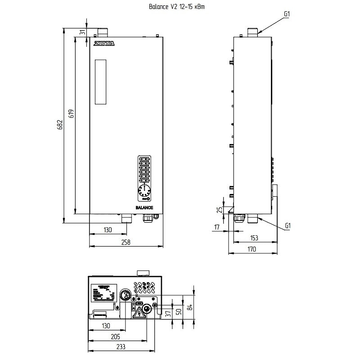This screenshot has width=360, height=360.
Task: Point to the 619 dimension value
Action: pyautogui.click(x=71, y=113)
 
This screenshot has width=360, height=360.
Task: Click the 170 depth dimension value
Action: pyautogui.click(x=252, y=249)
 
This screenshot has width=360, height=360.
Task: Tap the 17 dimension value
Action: pyautogui.click(x=217, y=227)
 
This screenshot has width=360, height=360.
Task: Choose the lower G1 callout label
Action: pyautogui.click(x=288, y=226)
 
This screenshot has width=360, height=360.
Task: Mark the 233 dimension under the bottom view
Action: pyautogui.click(x=121, y=346)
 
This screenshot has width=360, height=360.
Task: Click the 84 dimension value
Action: pyautogui.click(x=190, y=307)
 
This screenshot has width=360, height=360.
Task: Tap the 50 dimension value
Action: pyautogui.click(x=178, y=311)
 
